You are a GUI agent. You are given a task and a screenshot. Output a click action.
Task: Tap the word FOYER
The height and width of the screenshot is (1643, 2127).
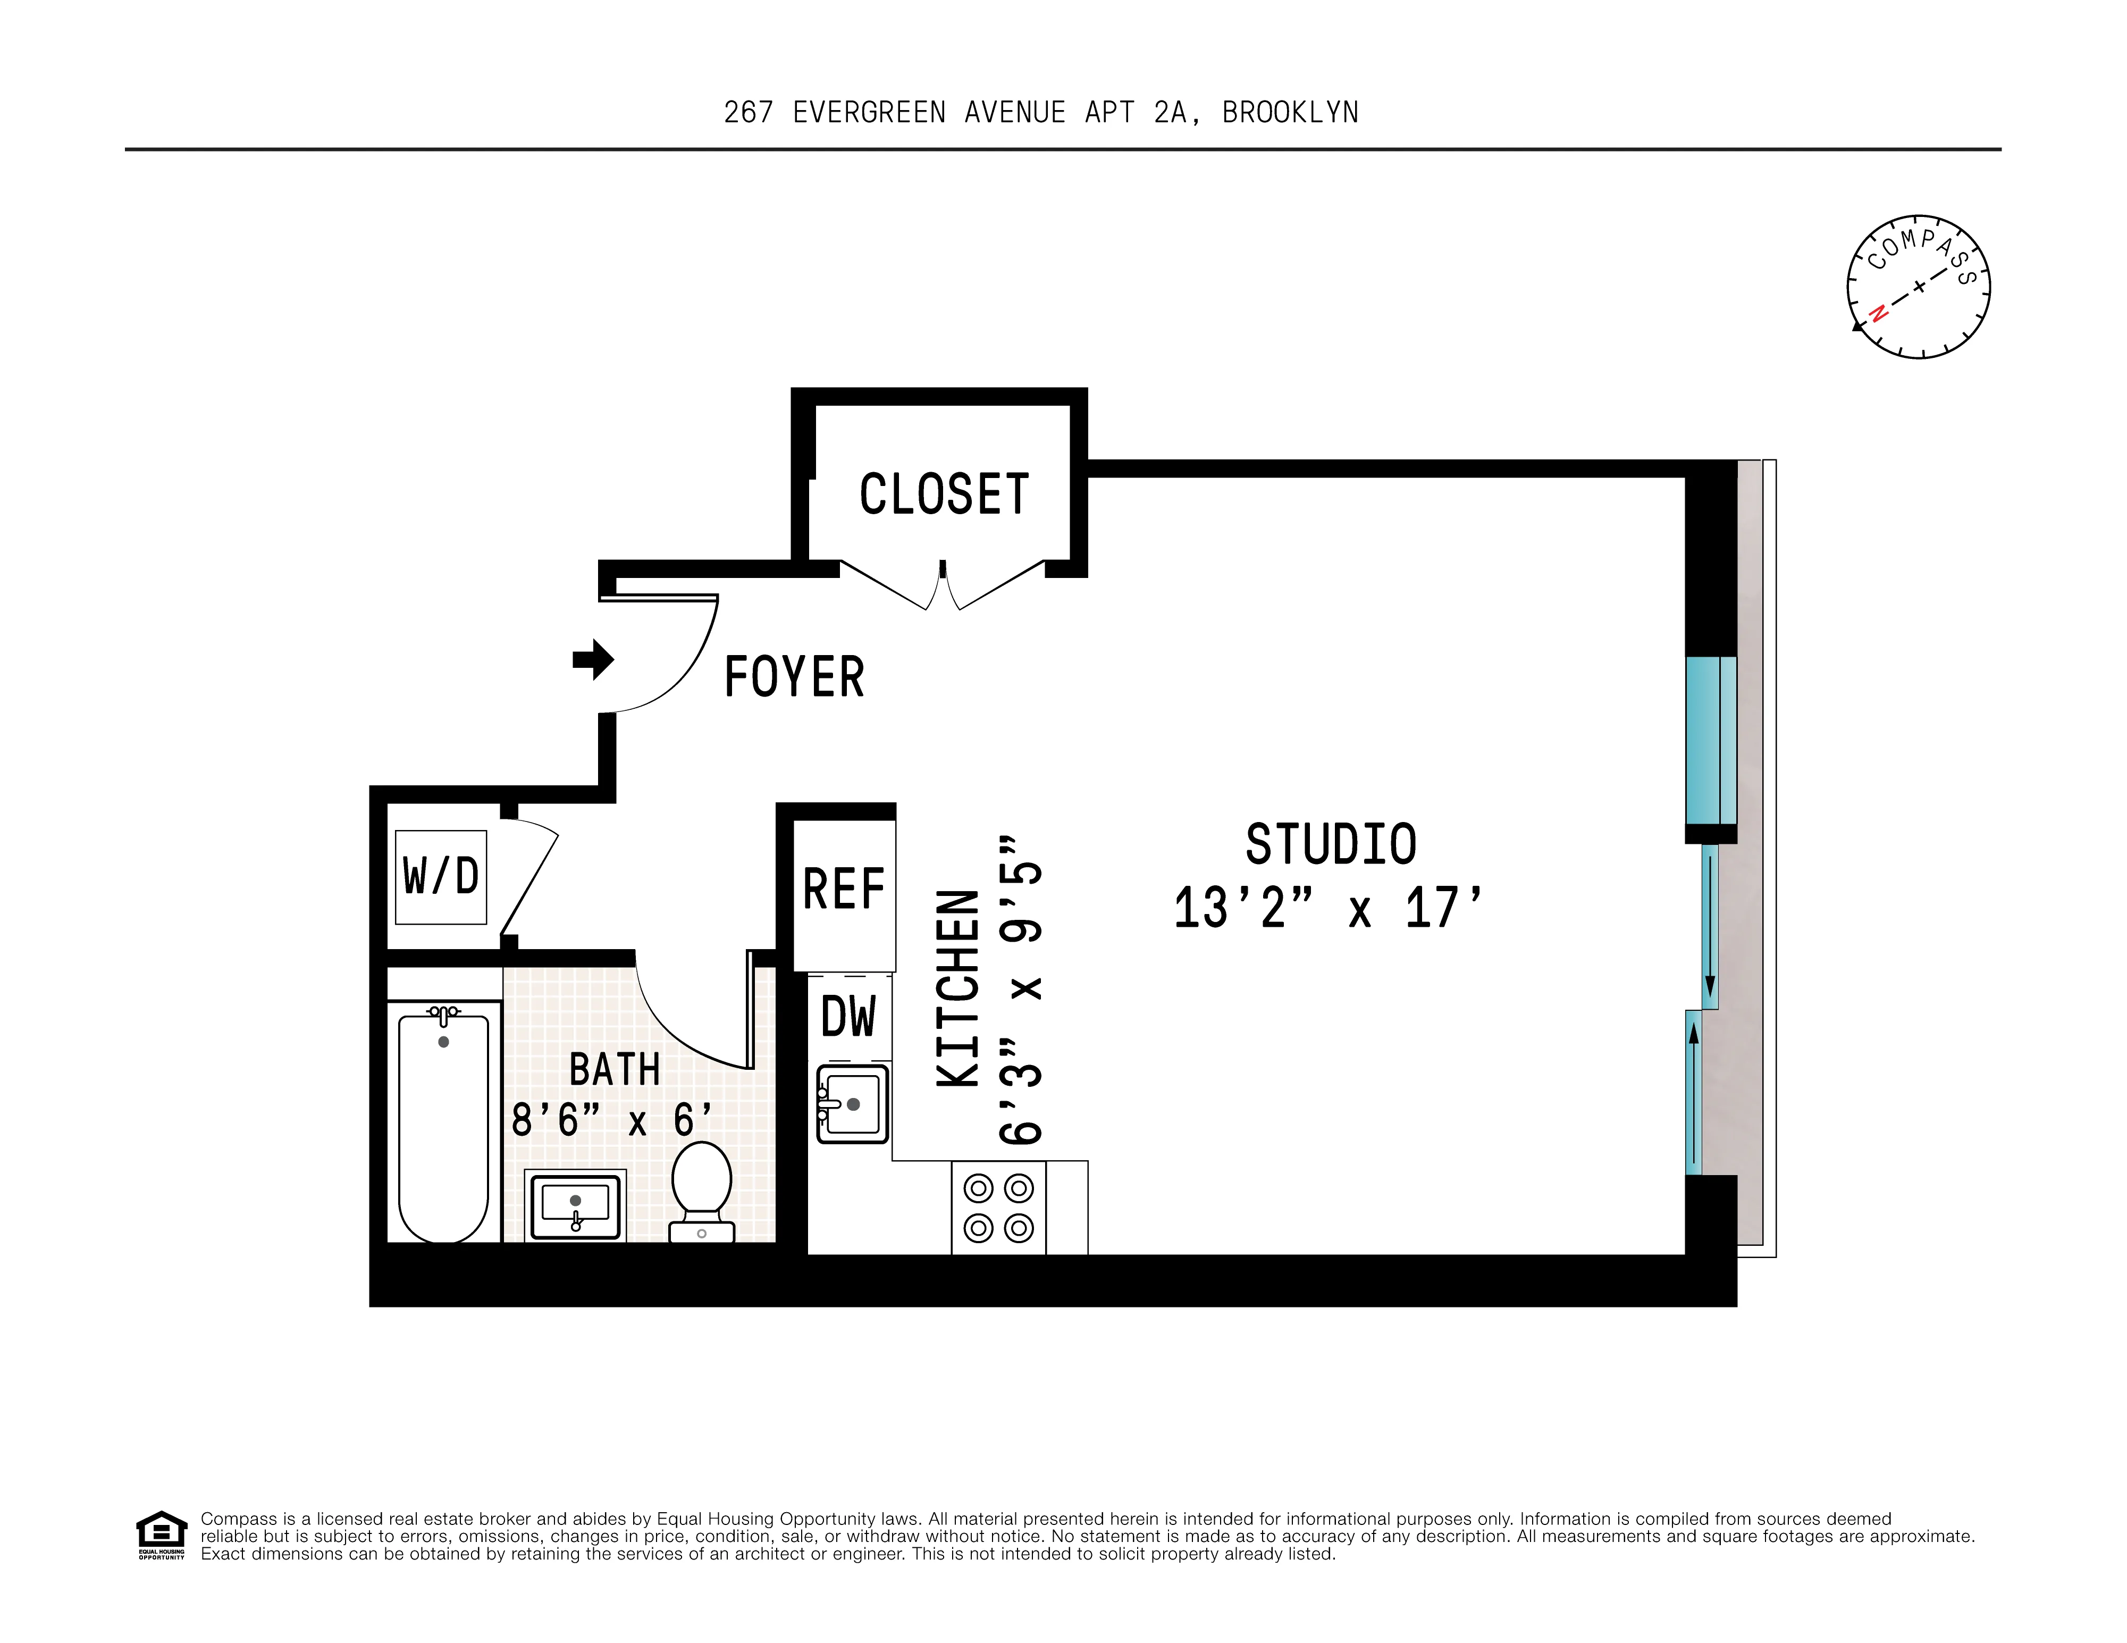coord(794,677)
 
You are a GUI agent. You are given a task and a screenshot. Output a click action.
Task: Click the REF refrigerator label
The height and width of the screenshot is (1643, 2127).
coord(843,889)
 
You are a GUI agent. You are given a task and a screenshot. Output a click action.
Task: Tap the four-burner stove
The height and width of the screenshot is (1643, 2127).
coord(998,1208)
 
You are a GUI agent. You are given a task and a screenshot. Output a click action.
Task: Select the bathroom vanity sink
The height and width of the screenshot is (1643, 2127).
coord(575,1206)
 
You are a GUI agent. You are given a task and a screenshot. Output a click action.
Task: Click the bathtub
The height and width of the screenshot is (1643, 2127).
coord(443,1125)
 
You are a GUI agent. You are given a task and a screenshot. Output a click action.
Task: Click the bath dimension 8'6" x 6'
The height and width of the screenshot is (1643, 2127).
coord(611,1120)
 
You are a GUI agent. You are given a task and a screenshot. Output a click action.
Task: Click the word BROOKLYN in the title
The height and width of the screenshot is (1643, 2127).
coord(1290,113)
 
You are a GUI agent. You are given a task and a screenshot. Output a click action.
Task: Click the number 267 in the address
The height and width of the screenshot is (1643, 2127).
coord(748,113)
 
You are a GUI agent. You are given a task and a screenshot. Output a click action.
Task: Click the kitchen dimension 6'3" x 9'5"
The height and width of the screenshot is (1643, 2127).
coord(1021,988)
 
